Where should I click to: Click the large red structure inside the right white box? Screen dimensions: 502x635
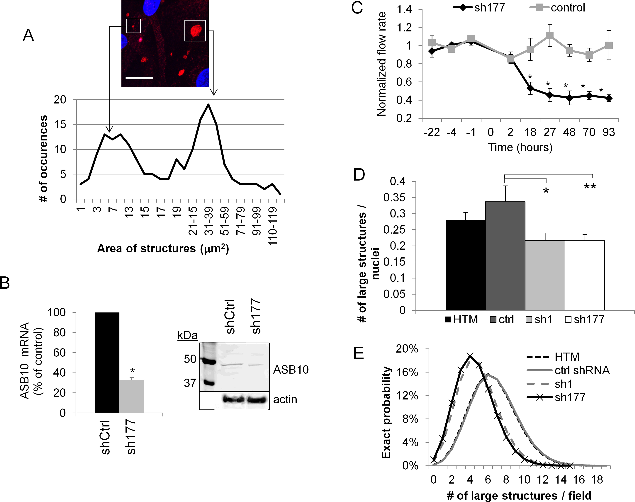[x=195, y=31]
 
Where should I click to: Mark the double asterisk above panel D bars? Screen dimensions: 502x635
[x=590, y=187]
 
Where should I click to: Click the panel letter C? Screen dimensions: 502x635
[x=357, y=8]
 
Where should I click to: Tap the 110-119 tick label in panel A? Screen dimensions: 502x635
[x=272, y=226]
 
